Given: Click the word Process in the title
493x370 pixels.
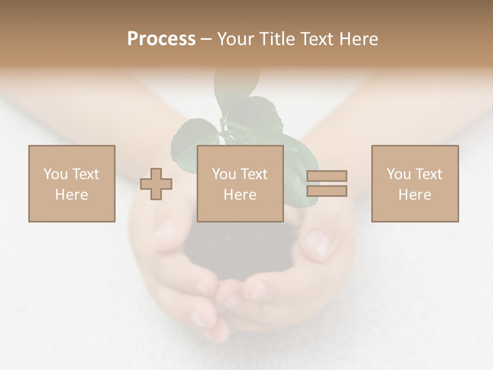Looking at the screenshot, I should [x=161, y=39].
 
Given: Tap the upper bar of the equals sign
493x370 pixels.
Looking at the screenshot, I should [x=327, y=176].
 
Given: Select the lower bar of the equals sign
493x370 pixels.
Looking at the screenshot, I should [x=327, y=191].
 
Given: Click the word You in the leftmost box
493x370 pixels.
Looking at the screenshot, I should [x=55, y=174].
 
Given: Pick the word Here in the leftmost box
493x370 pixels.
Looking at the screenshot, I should [x=71, y=195].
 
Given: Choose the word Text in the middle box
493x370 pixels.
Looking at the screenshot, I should [x=254, y=174].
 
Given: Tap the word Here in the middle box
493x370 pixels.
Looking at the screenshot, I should [x=240, y=195].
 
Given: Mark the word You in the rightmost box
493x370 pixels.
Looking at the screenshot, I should [x=399, y=174].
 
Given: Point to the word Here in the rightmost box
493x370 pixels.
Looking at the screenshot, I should [x=414, y=195].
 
